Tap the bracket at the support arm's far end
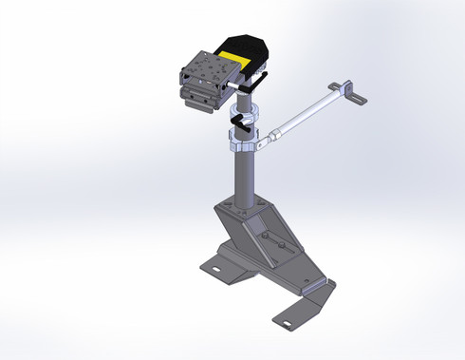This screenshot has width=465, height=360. (x=356, y=93)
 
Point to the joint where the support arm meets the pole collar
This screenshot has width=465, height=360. (x=270, y=140)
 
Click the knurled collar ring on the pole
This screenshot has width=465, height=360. (x=241, y=146)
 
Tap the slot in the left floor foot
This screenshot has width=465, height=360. (x=216, y=268)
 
